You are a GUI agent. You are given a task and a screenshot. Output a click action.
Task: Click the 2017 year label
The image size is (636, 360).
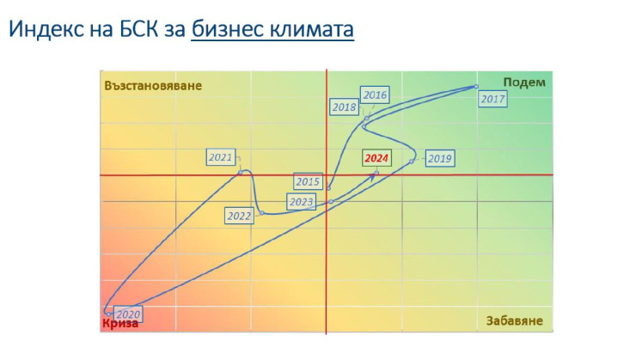pyautogui.click(x=492, y=99)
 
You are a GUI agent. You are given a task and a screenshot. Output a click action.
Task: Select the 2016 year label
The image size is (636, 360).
pyautogui.click(x=375, y=95)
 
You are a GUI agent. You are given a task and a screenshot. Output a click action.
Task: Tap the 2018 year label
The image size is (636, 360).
pyautogui.click(x=345, y=107)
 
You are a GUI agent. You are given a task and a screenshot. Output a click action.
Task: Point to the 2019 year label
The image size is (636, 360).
pyautogui.click(x=439, y=158)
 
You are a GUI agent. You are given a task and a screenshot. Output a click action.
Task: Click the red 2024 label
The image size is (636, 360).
pyautogui.click(x=376, y=158)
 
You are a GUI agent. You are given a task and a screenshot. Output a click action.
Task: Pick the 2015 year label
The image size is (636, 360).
pyautogui.click(x=308, y=182)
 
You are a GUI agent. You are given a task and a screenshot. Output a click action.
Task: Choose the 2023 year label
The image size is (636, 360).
pyautogui.click(x=301, y=202)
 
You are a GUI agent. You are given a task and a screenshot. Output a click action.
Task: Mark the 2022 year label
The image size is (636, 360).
pyautogui.click(x=239, y=216)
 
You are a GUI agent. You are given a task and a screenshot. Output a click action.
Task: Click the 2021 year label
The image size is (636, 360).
pyautogui.click(x=221, y=157)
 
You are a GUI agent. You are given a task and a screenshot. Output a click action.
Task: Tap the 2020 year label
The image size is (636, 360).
pyautogui.click(x=128, y=314)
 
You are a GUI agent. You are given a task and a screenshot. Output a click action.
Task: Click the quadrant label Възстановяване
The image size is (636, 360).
pyautogui.click(x=153, y=86)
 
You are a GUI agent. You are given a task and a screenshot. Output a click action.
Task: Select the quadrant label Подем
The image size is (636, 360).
pyautogui.click(x=523, y=82)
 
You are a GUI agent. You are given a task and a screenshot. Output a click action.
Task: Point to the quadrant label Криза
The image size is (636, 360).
pyautogui.click(x=119, y=324)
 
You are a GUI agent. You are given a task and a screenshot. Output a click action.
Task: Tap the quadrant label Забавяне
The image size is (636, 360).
pyautogui.click(x=513, y=321)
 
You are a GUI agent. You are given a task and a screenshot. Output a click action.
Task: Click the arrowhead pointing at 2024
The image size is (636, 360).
pyautogui.click(x=376, y=174)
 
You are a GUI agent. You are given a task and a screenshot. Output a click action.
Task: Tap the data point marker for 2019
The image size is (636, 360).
pyautogui.click(x=413, y=161)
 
